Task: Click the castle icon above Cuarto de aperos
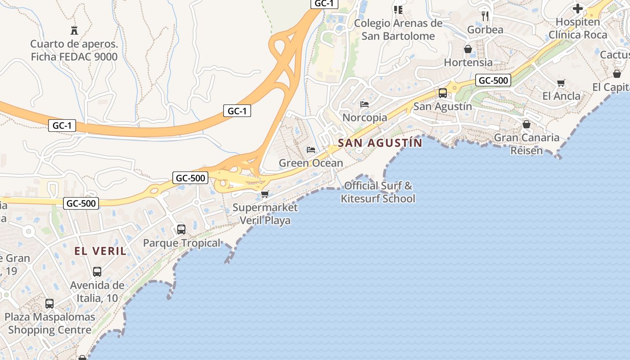point(74,31)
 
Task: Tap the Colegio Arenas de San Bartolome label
point(398,30)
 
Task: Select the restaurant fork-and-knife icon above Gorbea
point(485,16)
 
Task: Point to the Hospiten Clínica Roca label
point(578,28)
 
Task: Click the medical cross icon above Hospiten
point(578,9)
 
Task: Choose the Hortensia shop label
point(468,63)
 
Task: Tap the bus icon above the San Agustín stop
point(443,93)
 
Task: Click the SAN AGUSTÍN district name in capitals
point(380,143)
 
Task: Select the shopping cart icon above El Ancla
point(561,83)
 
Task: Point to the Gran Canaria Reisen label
point(526,144)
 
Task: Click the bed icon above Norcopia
point(364,104)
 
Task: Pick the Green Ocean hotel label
point(311,163)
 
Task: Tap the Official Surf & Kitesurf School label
point(378,192)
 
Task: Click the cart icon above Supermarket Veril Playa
point(265,194)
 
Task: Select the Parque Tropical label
point(182,243)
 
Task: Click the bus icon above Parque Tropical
point(181,229)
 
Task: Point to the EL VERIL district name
point(100,251)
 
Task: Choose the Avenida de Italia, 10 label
point(97,292)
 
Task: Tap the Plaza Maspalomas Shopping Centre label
point(49,323)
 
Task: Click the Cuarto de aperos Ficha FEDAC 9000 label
point(74,50)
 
